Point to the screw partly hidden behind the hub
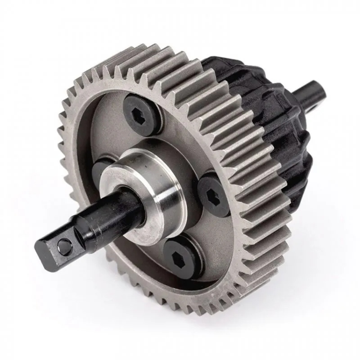pyautogui.click(x=101, y=166)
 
